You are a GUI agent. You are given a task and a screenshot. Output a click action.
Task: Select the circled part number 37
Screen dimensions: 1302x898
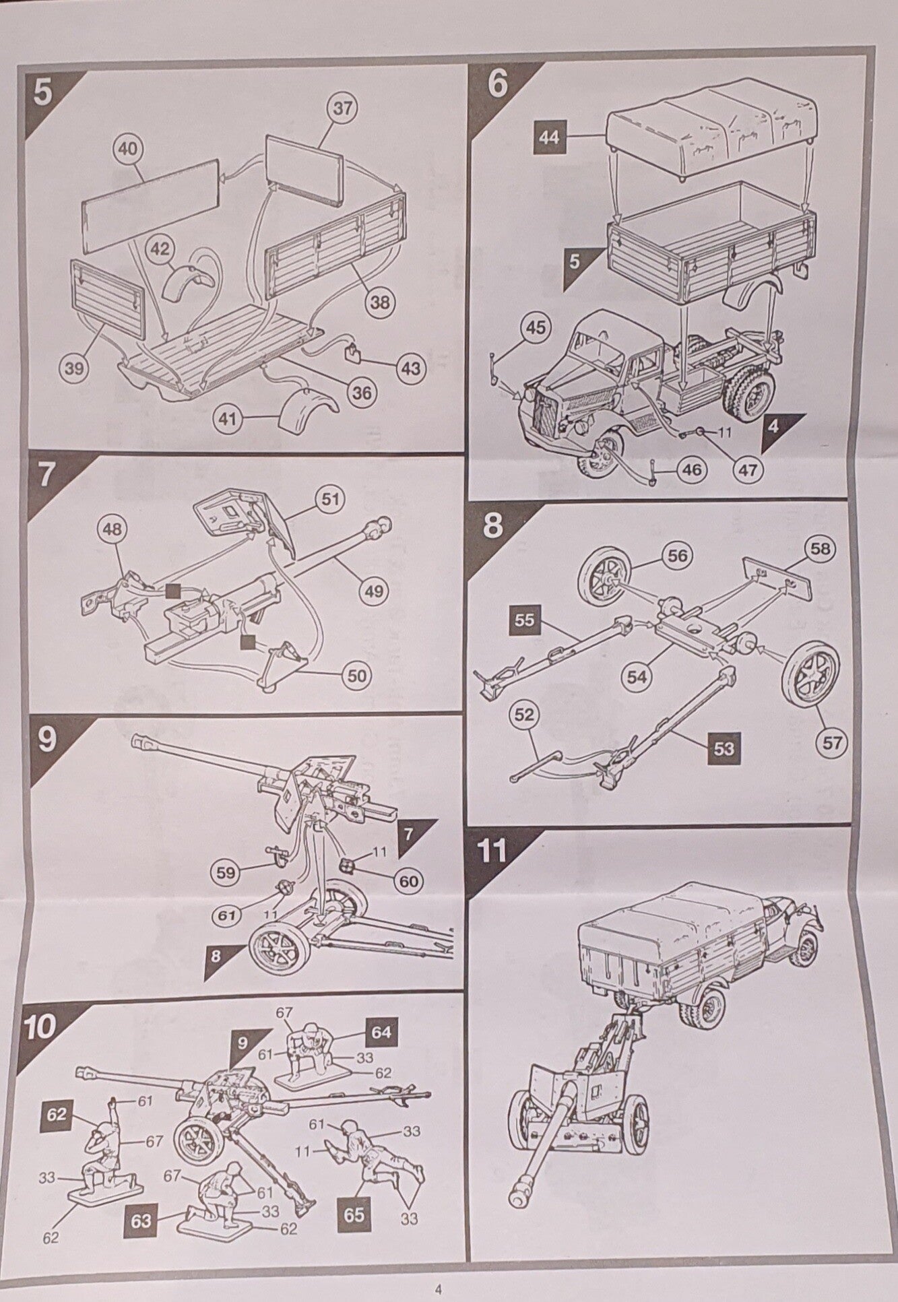point(344,108)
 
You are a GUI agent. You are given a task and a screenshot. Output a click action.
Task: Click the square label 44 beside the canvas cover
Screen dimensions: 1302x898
point(550,137)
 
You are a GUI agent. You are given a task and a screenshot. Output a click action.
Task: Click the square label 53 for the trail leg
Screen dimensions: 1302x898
point(723,748)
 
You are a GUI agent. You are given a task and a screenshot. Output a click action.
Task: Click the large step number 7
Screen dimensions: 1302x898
point(45,476)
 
